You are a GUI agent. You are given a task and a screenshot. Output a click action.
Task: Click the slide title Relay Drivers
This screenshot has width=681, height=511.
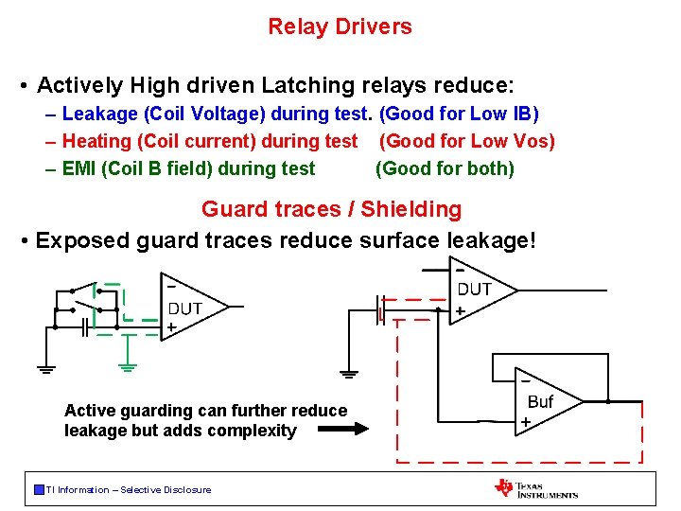(340, 26)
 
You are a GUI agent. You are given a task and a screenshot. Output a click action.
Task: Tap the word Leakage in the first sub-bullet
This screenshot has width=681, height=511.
(97, 115)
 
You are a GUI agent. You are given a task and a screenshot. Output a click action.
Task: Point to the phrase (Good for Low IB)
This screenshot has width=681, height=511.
(459, 115)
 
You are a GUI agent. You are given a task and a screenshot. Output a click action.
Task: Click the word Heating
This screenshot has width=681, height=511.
(96, 142)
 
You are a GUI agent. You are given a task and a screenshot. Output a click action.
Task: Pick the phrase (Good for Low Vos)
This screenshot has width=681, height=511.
(467, 142)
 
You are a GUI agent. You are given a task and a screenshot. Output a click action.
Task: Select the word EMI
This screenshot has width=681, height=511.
(79, 169)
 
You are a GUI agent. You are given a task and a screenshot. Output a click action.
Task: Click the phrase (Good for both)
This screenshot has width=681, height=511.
(445, 169)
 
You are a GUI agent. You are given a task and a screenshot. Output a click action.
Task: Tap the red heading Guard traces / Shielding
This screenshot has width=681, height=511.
(331, 209)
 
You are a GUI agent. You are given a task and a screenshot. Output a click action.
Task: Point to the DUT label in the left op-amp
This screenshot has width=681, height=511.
(185, 308)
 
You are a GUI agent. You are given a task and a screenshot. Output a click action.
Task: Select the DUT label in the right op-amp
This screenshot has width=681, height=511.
(475, 290)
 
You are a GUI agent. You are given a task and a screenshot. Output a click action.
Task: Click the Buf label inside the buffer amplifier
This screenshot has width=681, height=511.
(540, 402)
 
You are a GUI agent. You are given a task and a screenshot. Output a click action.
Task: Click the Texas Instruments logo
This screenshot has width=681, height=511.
(535, 488)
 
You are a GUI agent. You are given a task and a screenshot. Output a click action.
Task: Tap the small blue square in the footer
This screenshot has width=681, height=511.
(39, 489)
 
